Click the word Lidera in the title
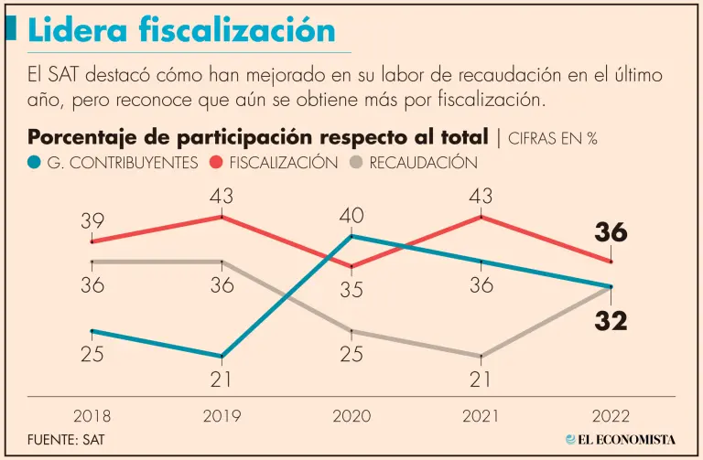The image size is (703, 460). click(78, 30)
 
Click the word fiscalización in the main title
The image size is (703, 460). click(237, 30)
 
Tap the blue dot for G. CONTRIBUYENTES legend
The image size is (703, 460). click(35, 163)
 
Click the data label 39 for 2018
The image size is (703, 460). click(92, 221)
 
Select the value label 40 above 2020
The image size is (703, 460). click(351, 216)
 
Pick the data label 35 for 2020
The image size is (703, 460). click(351, 290)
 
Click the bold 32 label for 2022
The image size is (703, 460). click(610, 321)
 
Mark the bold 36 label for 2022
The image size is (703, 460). click(611, 233)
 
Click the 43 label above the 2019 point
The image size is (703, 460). click(222, 196)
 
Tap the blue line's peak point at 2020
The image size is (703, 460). click(351, 236)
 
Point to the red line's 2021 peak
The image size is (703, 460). click(481, 217)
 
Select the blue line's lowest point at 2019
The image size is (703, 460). click(222, 356)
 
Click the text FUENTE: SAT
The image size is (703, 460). click(67, 440)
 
